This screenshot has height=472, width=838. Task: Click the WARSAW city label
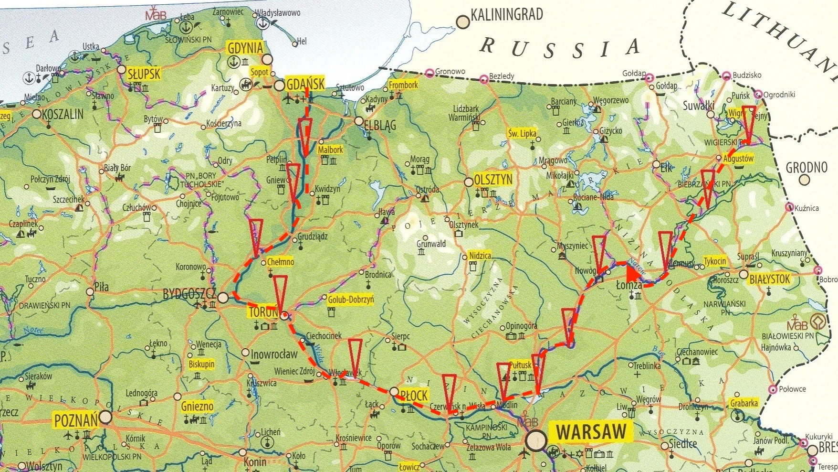[591, 432]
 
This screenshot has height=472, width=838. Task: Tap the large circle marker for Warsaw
[536, 440]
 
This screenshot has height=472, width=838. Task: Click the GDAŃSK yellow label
[305, 84]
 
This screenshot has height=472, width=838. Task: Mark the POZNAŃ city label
[76, 420]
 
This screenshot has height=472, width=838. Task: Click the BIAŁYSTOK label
[770, 279]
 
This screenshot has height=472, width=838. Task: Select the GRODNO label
[807, 168]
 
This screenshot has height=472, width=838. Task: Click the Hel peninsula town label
[302, 42]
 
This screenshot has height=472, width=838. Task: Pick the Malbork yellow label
[330, 150]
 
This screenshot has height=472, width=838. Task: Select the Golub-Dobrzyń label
[351, 300]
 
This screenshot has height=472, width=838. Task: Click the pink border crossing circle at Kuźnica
[789, 207]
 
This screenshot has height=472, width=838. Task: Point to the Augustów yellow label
[738, 158]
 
